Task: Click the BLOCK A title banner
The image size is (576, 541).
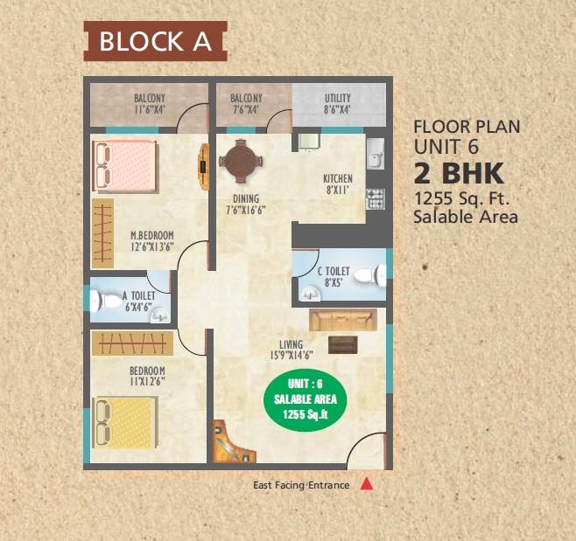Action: click(x=155, y=42)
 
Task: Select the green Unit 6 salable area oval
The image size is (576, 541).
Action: click(x=305, y=399)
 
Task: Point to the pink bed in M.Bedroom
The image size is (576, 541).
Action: click(x=123, y=164)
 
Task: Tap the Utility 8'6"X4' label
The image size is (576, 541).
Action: click(x=338, y=105)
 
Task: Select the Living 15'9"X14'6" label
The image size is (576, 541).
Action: click(x=295, y=350)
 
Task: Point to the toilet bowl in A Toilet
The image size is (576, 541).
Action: click(x=108, y=301)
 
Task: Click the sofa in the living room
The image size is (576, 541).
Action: click(x=342, y=319)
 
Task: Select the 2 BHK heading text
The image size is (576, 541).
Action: click(x=455, y=170)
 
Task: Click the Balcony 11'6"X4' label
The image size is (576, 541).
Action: click(x=150, y=105)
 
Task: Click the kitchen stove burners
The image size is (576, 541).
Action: click(x=374, y=198)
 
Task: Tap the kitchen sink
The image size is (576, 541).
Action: click(x=375, y=155)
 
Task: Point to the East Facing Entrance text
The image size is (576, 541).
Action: click(x=301, y=485)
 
